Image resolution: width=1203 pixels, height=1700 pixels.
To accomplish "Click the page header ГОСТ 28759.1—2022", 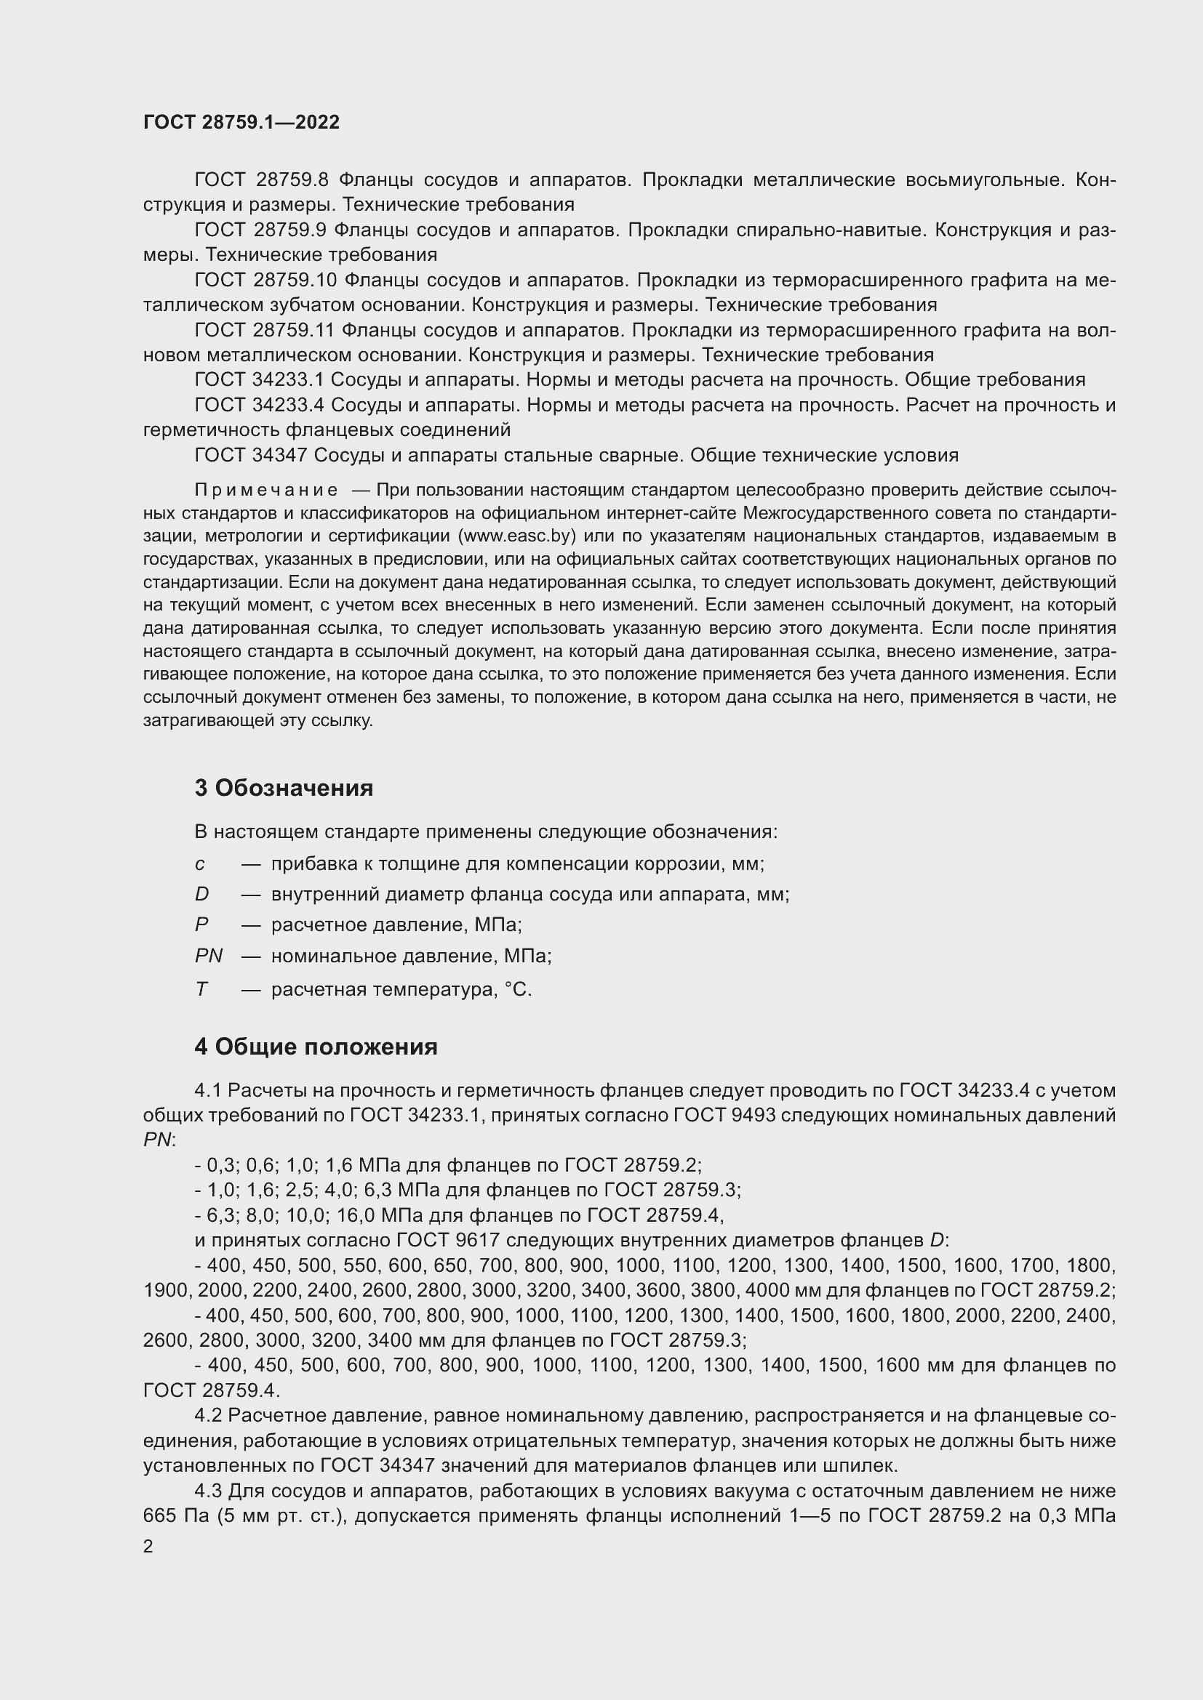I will click(x=241, y=122).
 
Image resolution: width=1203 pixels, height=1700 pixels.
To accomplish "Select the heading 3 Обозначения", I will click(x=284, y=788).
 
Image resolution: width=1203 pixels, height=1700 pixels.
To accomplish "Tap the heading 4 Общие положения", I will click(x=316, y=1046).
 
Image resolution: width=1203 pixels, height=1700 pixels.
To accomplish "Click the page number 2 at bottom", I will click(x=148, y=1547).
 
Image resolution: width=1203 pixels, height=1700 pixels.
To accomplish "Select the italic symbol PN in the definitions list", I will click(x=208, y=956).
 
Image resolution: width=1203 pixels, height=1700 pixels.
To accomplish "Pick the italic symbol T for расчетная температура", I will click(x=201, y=989).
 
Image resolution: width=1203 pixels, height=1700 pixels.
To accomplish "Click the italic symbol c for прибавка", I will click(x=199, y=864).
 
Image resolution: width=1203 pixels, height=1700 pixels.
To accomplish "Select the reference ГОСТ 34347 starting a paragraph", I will click(x=250, y=456).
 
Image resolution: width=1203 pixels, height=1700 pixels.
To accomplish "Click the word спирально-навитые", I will click(x=831, y=230).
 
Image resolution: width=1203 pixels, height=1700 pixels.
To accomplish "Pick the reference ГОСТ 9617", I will click(x=446, y=1240).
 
